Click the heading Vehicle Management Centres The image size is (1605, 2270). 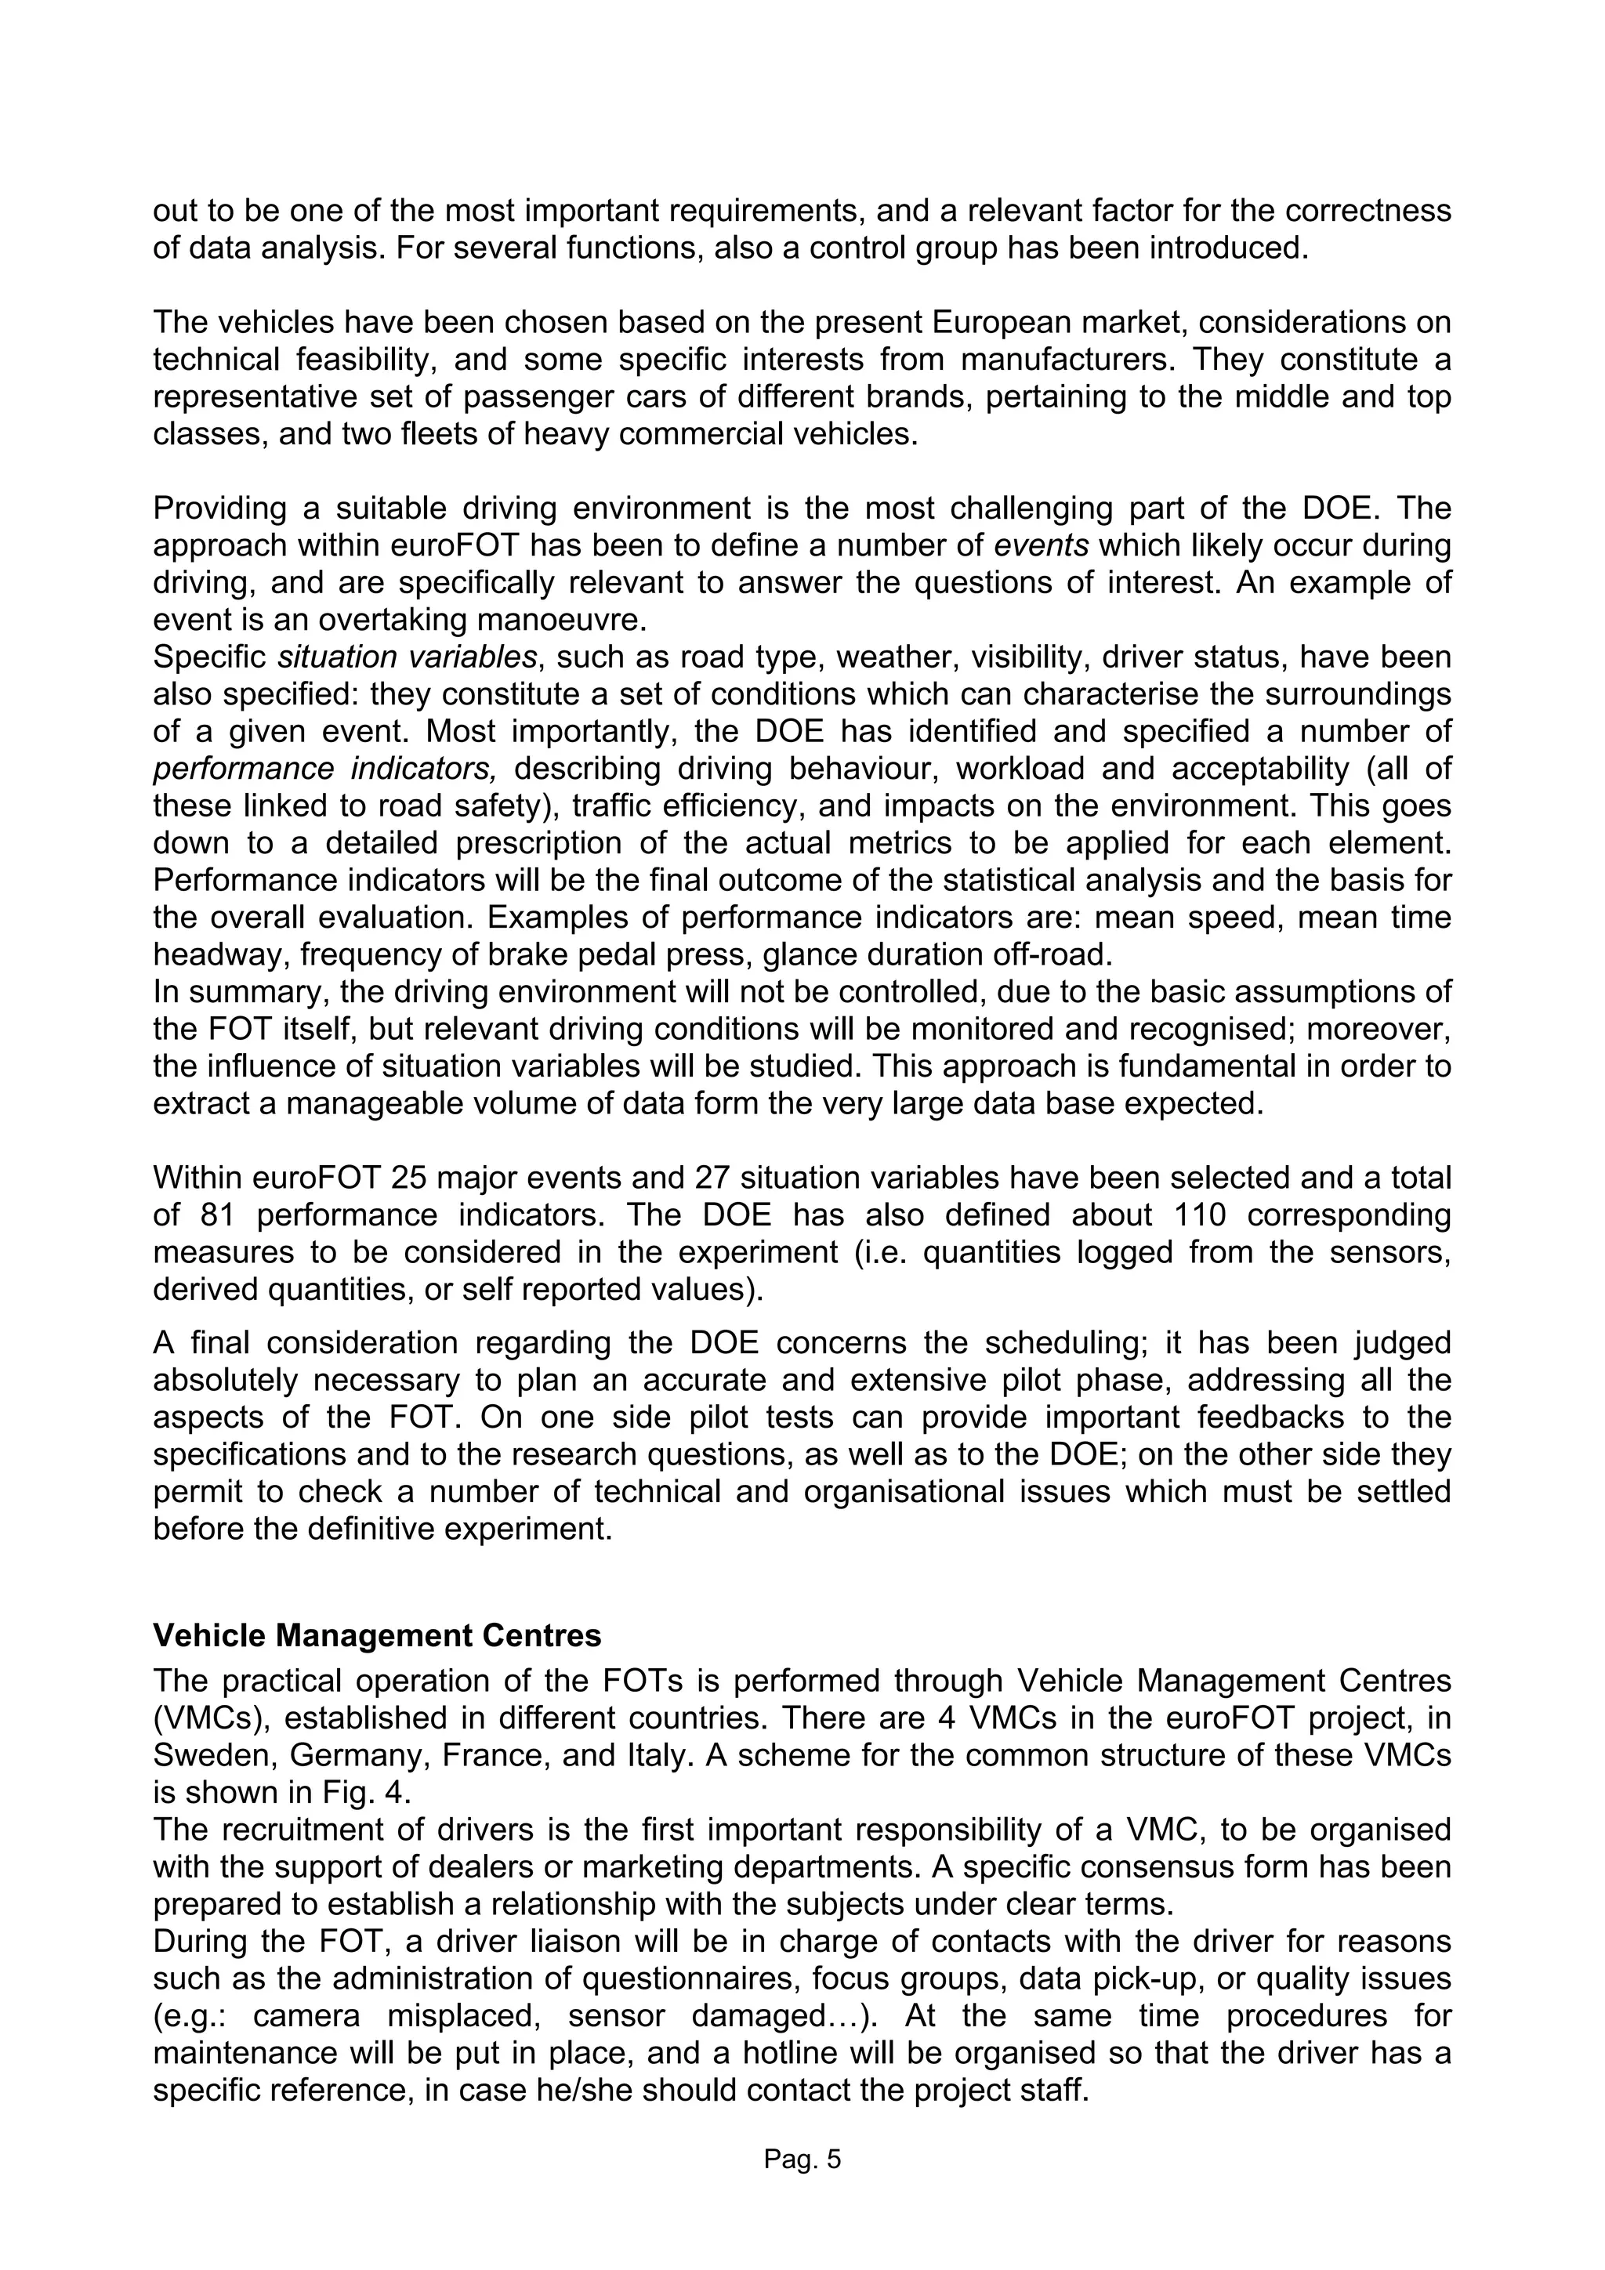point(377,1635)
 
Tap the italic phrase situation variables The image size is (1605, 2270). point(408,657)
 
